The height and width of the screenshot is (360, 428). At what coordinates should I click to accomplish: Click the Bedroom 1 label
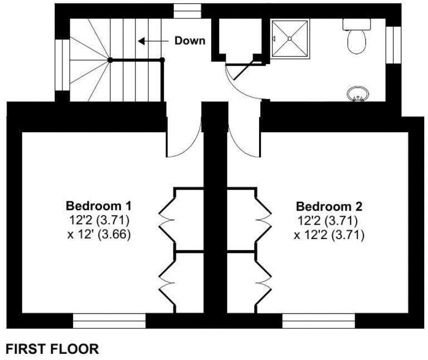click(99, 204)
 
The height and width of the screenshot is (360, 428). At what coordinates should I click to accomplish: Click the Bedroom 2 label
click(329, 206)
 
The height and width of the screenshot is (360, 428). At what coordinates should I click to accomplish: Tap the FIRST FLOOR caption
click(52, 349)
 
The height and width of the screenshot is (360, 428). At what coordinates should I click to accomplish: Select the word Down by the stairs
click(189, 41)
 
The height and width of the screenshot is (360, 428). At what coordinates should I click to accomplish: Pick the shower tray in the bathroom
click(290, 38)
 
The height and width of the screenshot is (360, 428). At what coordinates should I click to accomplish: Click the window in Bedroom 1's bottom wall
click(109, 321)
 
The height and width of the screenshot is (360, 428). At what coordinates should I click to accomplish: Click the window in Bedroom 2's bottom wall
click(318, 321)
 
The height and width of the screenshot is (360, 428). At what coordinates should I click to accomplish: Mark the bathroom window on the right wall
click(394, 45)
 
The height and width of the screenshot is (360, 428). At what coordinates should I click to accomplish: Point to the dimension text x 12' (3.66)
click(99, 235)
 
